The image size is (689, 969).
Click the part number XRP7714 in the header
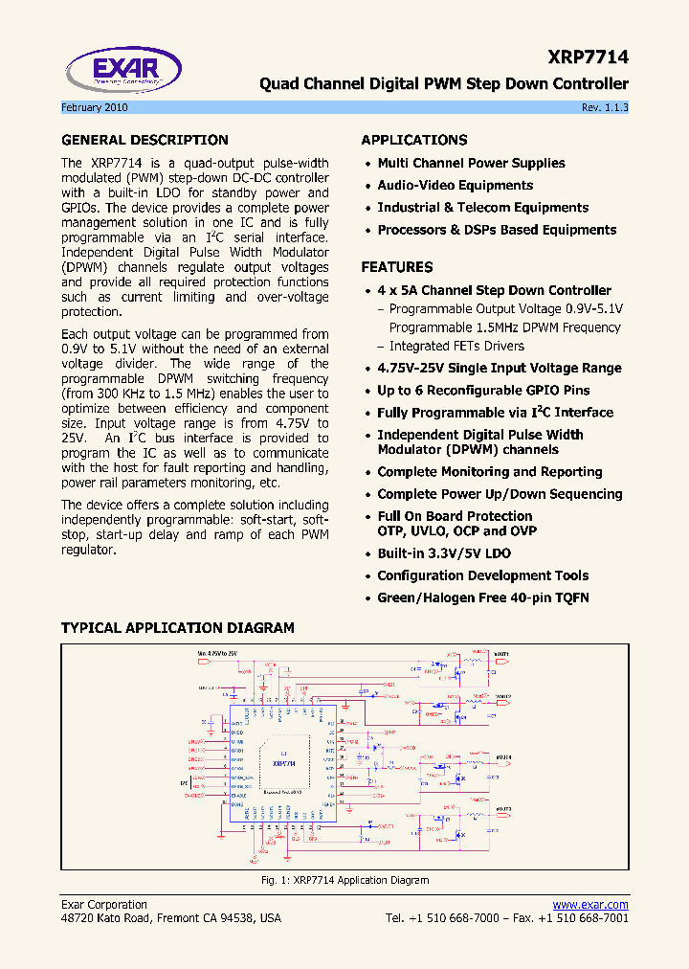click(589, 57)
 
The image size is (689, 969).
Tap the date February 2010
click(95, 108)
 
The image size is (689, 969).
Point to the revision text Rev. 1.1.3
click(605, 108)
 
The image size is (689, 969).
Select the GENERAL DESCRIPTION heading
click(144, 140)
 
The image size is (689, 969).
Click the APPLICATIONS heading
click(414, 140)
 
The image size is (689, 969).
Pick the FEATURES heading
click(396, 267)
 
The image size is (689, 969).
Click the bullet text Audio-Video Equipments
click(455, 186)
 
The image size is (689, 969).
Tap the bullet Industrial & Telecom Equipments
click(482, 208)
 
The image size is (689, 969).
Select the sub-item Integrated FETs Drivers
click(456, 346)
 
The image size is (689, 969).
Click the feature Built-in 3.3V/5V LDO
click(443, 553)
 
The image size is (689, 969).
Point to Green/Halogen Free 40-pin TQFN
click(482, 597)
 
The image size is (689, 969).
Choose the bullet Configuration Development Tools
click(482, 575)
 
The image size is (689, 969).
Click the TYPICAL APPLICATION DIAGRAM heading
click(178, 628)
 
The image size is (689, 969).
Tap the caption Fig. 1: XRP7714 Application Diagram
click(344, 880)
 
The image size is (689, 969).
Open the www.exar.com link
click(590, 905)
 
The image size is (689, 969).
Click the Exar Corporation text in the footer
click(104, 905)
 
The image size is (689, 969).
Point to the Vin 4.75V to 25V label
click(217, 653)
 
